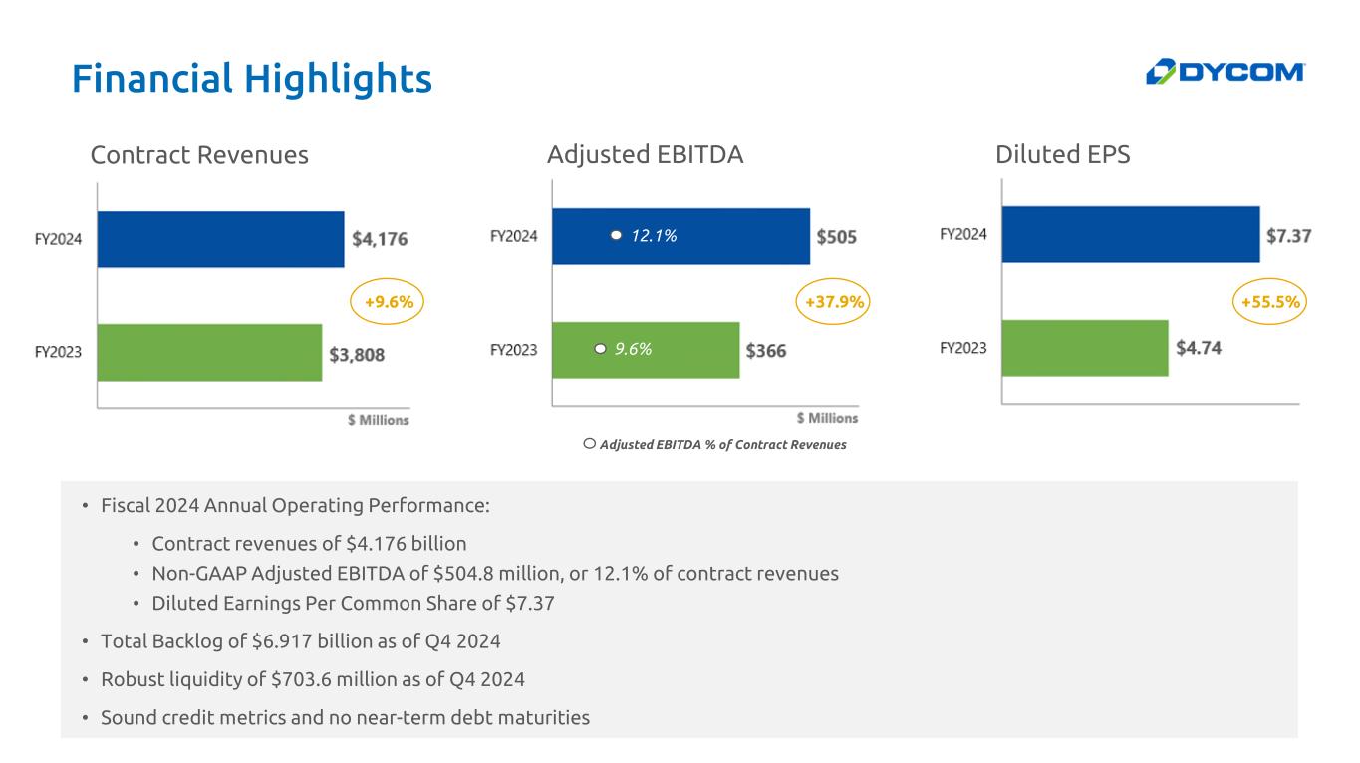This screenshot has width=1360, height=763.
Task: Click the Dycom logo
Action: [x=1224, y=72]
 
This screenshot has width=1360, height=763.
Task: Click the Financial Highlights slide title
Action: [x=252, y=79]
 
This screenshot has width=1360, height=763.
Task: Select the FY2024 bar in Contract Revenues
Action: [x=220, y=239]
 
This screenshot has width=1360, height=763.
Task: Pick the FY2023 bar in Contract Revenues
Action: [x=209, y=352]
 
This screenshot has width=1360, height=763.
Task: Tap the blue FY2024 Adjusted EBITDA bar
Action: [x=680, y=236]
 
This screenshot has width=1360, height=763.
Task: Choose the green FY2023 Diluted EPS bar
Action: [x=1085, y=348]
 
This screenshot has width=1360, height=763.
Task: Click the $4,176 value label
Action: [x=380, y=239]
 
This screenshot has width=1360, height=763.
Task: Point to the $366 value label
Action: [x=765, y=351]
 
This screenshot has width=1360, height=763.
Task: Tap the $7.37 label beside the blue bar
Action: [x=1288, y=235]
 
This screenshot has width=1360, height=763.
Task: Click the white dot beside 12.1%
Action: [x=616, y=235]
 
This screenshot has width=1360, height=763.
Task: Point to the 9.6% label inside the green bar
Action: [x=633, y=349]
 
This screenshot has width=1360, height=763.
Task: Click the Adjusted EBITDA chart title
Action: [x=645, y=154]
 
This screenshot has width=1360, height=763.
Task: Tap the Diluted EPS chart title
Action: [x=1062, y=154]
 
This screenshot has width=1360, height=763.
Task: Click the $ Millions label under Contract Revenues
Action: [x=379, y=420]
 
